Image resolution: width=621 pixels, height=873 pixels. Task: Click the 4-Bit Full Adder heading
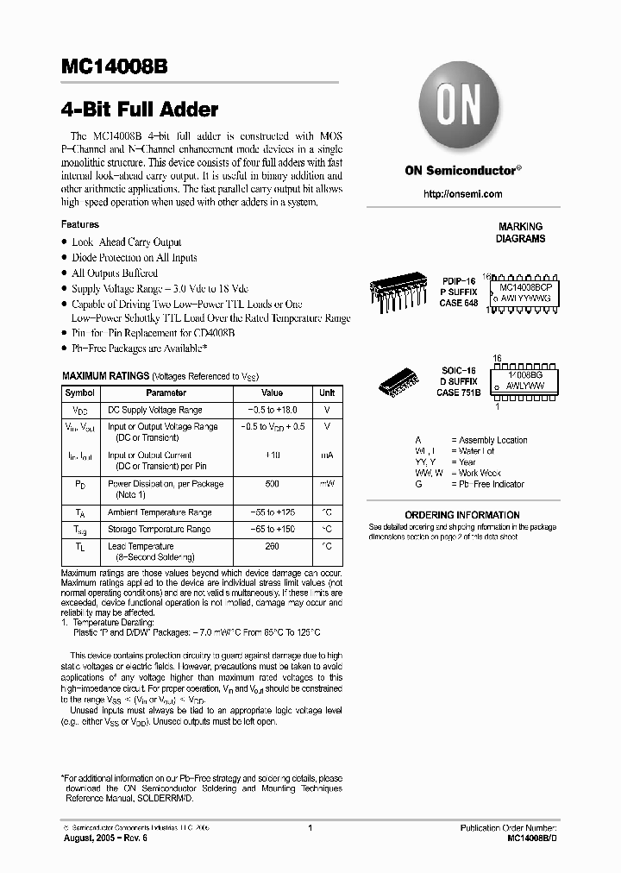click(x=140, y=110)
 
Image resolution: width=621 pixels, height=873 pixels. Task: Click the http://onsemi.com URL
click(x=463, y=194)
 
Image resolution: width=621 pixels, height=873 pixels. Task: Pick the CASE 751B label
click(x=459, y=393)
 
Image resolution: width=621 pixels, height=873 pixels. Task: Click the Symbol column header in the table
click(x=80, y=393)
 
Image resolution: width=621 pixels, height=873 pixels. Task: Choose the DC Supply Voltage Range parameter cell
click(x=155, y=411)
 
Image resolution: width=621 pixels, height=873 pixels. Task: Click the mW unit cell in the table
click(x=327, y=484)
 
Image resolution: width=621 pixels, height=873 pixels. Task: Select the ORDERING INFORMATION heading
click(x=474, y=515)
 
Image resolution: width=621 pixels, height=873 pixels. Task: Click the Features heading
click(x=79, y=224)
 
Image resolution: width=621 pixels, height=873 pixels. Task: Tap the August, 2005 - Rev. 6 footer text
click(x=102, y=838)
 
